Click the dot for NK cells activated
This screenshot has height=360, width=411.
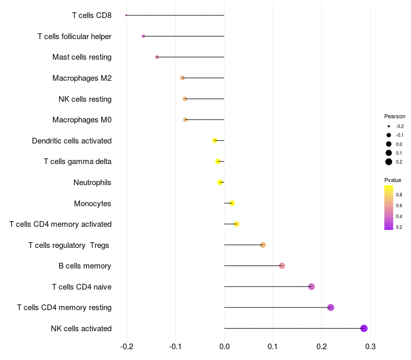[x=364, y=328]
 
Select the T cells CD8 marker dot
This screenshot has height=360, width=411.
[x=126, y=15]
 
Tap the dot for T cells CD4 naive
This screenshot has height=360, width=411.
[x=311, y=286]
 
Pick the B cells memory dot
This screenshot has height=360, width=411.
[x=282, y=266]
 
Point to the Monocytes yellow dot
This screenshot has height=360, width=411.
[x=232, y=203]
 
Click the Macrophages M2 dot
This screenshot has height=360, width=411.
[x=182, y=78]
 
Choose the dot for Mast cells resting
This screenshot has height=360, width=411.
[x=157, y=57]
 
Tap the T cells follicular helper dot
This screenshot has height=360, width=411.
[x=143, y=36]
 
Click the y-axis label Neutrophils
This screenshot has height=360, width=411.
[x=92, y=183]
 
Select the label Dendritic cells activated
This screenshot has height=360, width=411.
[x=72, y=141]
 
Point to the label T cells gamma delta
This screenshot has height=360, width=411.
[x=78, y=161]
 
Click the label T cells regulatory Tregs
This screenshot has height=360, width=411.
[x=69, y=245]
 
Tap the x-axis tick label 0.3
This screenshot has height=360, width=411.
[x=370, y=347]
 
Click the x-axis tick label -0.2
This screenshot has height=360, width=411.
[x=126, y=347]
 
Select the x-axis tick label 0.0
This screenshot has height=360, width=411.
[x=225, y=347]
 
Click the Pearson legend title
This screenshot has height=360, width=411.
[x=395, y=116]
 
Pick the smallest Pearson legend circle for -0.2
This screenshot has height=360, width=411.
[x=389, y=126]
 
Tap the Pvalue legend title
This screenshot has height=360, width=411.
[x=393, y=180]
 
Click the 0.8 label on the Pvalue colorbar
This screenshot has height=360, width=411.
[x=399, y=195]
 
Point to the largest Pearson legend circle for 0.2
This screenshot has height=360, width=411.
[x=389, y=162]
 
